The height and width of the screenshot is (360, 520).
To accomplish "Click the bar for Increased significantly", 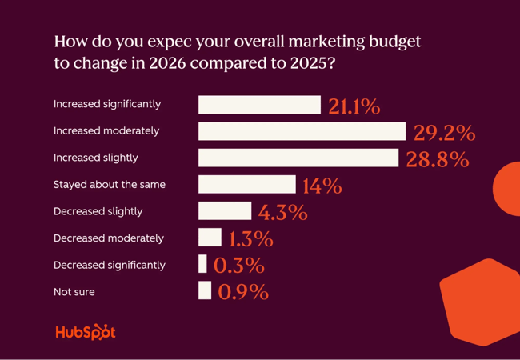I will [259, 105].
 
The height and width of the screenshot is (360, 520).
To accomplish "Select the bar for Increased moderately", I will [302, 131].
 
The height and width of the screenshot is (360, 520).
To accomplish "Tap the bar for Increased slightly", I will [298, 158].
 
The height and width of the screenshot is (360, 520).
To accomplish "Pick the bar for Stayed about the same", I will [246, 185].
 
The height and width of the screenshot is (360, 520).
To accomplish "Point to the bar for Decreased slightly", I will [224, 211].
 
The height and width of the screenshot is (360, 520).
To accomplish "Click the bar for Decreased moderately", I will [210, 238].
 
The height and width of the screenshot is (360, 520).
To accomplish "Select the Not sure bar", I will [205, 290].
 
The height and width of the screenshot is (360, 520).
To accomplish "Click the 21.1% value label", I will [354, 106].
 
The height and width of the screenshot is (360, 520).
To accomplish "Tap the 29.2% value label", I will [444, 133].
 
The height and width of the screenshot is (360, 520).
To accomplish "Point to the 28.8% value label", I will [437, 159].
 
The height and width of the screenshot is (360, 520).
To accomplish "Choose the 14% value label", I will [322, 186].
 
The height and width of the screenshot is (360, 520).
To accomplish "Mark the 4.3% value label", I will [282, 213].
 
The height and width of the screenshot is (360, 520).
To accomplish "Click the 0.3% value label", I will [239, 266].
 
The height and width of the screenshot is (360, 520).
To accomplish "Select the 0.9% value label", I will [243, 292].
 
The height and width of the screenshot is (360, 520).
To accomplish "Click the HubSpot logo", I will [86, 332].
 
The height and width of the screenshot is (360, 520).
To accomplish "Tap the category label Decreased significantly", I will [110, 265].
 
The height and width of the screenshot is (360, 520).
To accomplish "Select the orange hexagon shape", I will [478, 302].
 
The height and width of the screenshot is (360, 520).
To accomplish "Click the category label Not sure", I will [74, 292].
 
